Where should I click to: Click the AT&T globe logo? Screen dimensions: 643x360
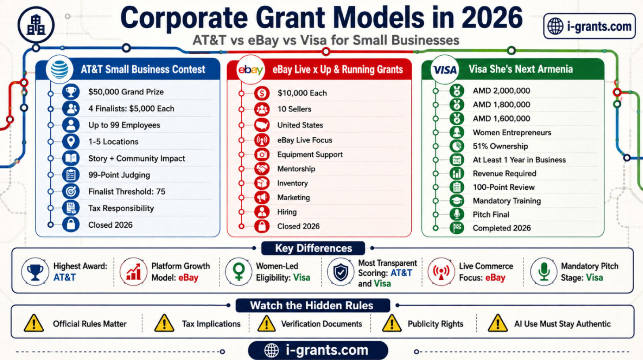[60, 69]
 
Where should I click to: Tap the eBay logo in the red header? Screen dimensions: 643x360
[250, 70]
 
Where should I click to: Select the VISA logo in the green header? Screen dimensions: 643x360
[445, 70]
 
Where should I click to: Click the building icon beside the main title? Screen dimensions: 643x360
[36, 25]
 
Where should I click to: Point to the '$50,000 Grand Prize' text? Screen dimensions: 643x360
[126, 92]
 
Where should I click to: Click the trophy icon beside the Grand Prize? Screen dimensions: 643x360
[71, 92]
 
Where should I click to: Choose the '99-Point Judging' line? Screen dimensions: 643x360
[119, 175]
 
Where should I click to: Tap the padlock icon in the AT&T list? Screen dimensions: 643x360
[71, 225]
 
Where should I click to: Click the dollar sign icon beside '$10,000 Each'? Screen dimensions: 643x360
[262, 93]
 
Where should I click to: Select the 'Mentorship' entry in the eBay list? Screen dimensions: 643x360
[296, 169]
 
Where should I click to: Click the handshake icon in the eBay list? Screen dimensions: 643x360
[262, 169]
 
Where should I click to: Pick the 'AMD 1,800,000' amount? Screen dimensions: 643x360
[501, 105]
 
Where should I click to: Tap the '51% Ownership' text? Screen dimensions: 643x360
[500, 146]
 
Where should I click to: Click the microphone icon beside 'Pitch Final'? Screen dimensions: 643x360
[457, 214]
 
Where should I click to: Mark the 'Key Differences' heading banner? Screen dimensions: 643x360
[313, 248]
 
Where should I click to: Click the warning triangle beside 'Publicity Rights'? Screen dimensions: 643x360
[391, 323]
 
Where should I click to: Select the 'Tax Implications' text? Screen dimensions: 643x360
[211, 324]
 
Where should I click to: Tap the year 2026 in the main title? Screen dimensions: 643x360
[492, 18]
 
